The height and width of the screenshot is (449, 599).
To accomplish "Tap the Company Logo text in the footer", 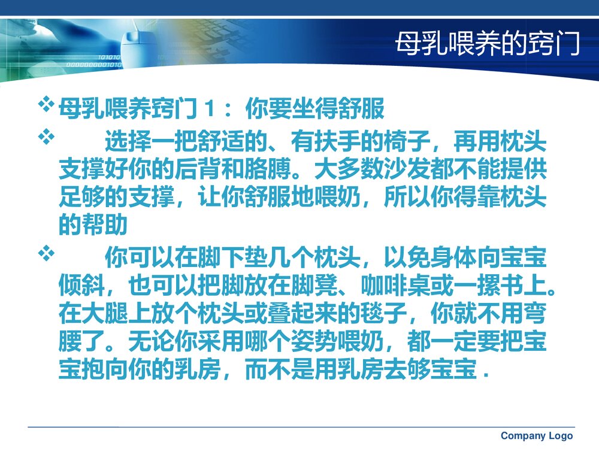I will click(x=537, y=436).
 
